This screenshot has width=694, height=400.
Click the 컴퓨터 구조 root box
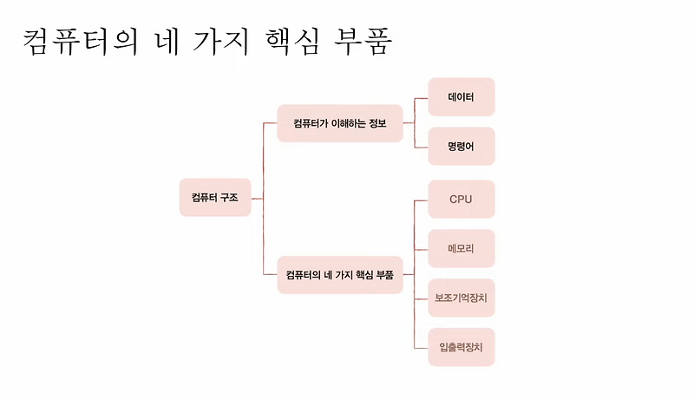pyautogui.click(x=215, y=198)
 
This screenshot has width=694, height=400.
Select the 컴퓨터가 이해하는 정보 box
pyautogui.click(x=340, y=124)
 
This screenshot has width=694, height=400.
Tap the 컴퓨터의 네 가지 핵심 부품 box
pyautogui.click(x=340, y=275)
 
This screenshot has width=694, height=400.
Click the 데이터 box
pyautogui.click(x=461, y=97)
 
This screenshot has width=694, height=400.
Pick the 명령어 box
pyautogui.click(x=461, y=147)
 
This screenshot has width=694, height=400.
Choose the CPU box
pyautogui.click(x=461, y=200)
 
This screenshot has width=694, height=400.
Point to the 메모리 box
pyautogui.click(x=461, y=249)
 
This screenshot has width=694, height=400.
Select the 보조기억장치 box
pyautogui.click(x=461, y=298)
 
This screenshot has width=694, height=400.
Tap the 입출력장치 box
pyautogui.click(x=461, y=348)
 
